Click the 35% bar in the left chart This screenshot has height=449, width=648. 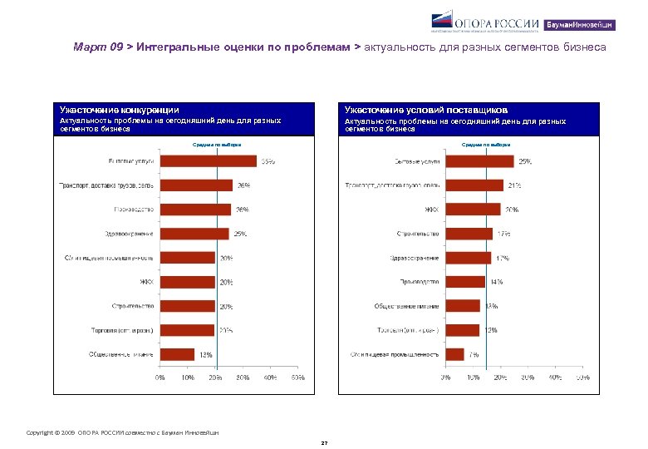tap(209, 161)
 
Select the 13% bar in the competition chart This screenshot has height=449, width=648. tap(177, 354)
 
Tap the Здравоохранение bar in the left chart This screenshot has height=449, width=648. tap(194, 234)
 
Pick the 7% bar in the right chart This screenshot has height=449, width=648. tap(454, 354)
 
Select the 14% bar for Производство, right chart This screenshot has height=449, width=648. tap(464, 282)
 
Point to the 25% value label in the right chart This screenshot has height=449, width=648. tap(526, 161)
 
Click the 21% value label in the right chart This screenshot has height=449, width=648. tap(515, 185)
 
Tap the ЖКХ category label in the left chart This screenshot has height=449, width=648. tap(146, 282)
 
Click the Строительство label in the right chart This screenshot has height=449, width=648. tap(418, 234)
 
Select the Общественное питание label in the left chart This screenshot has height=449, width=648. tap(121, 354)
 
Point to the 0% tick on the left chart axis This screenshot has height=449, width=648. tap(160, 377)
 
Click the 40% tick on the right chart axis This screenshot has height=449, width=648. tap(554, 377)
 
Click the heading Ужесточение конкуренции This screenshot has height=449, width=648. tap(119, 110)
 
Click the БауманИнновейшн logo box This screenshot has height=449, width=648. tap(592, 24)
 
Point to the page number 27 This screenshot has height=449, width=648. tap(325, 443)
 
